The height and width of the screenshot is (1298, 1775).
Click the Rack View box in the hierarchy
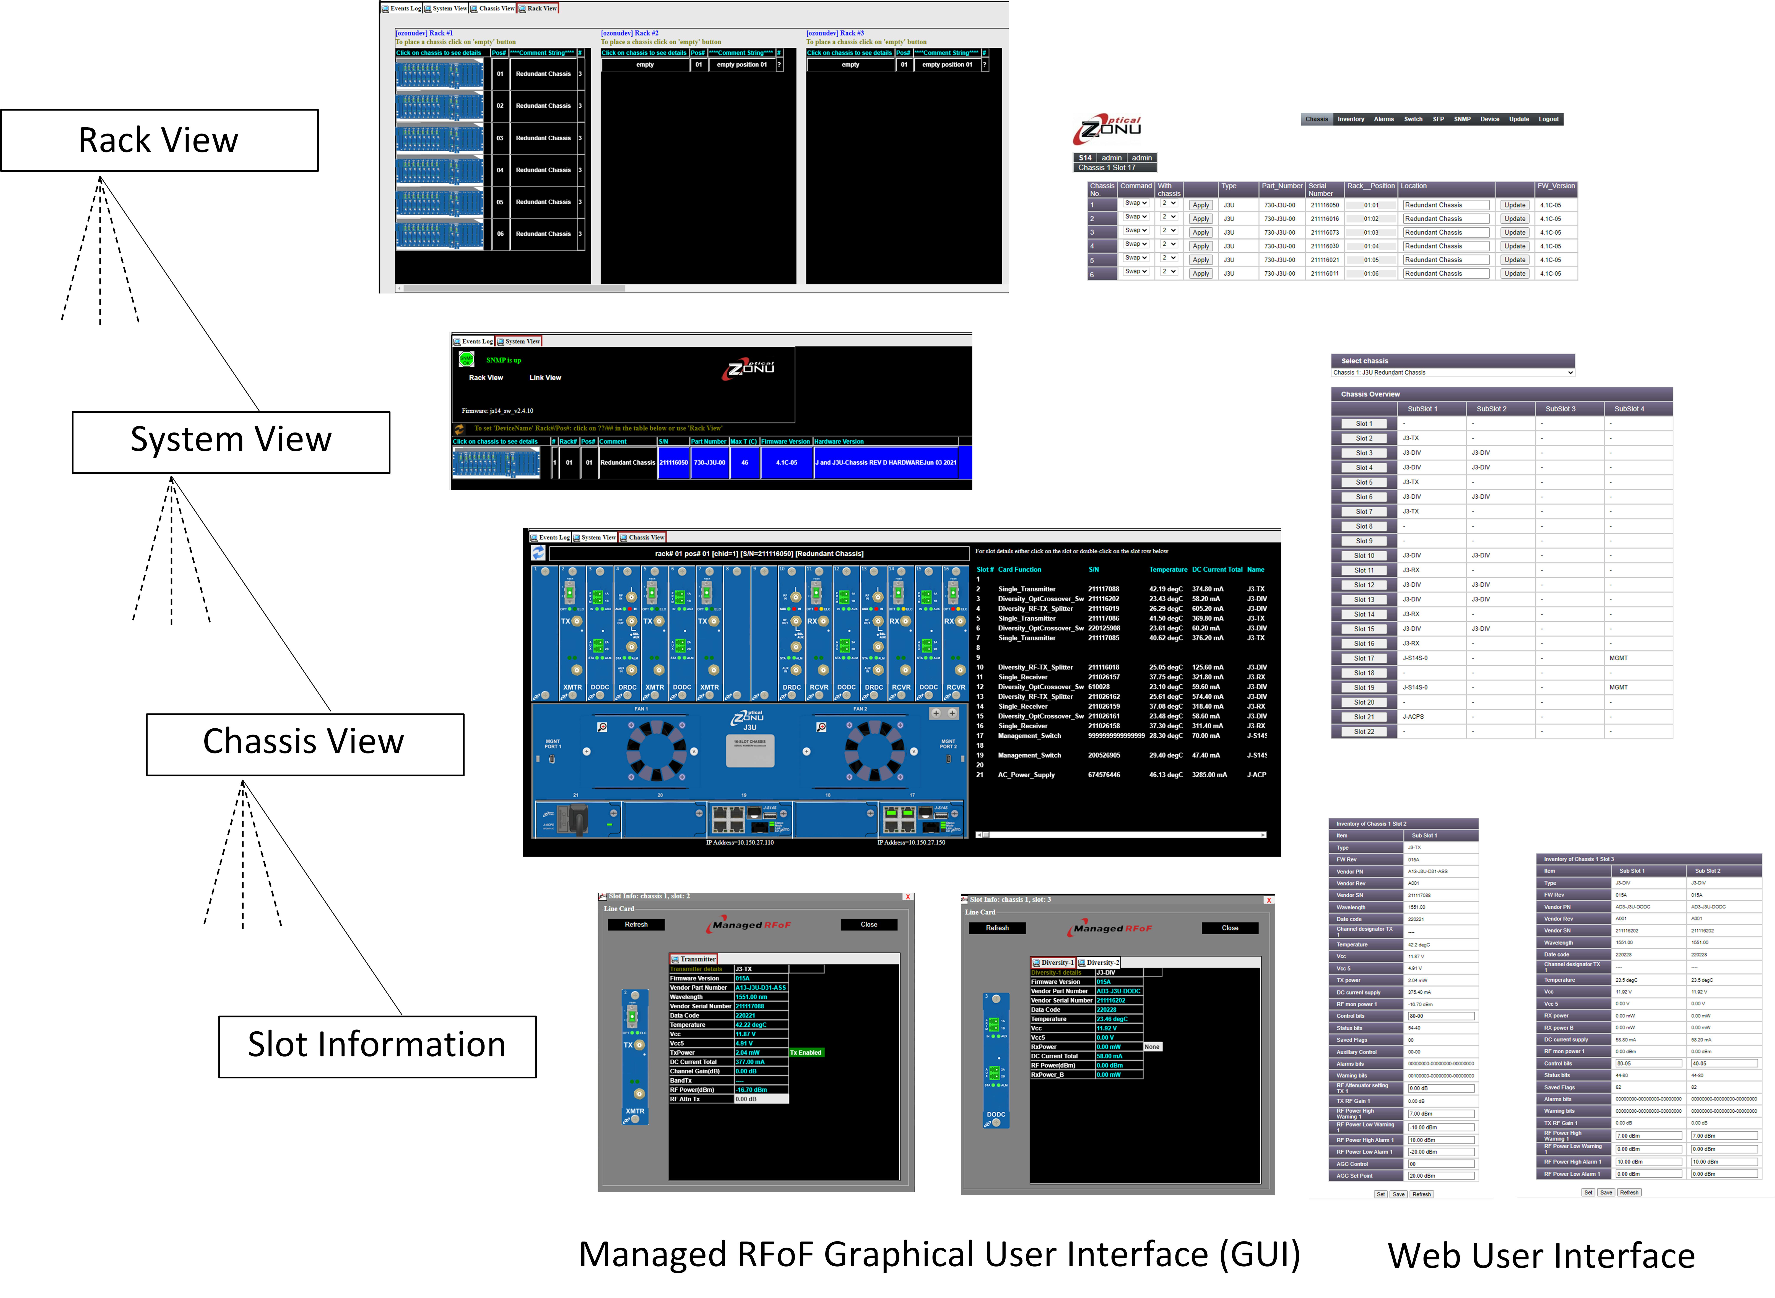(x=159, y=141)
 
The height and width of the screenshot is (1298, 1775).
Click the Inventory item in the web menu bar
(x=1351, y=119)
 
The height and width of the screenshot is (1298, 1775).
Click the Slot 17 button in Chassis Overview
(x=1364, y=658)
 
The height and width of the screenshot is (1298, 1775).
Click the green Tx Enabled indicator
(x=806, y=1053)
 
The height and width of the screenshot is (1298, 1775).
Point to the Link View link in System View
(x=545, y=378)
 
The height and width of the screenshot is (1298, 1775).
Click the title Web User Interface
(x=1541, y=1256)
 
